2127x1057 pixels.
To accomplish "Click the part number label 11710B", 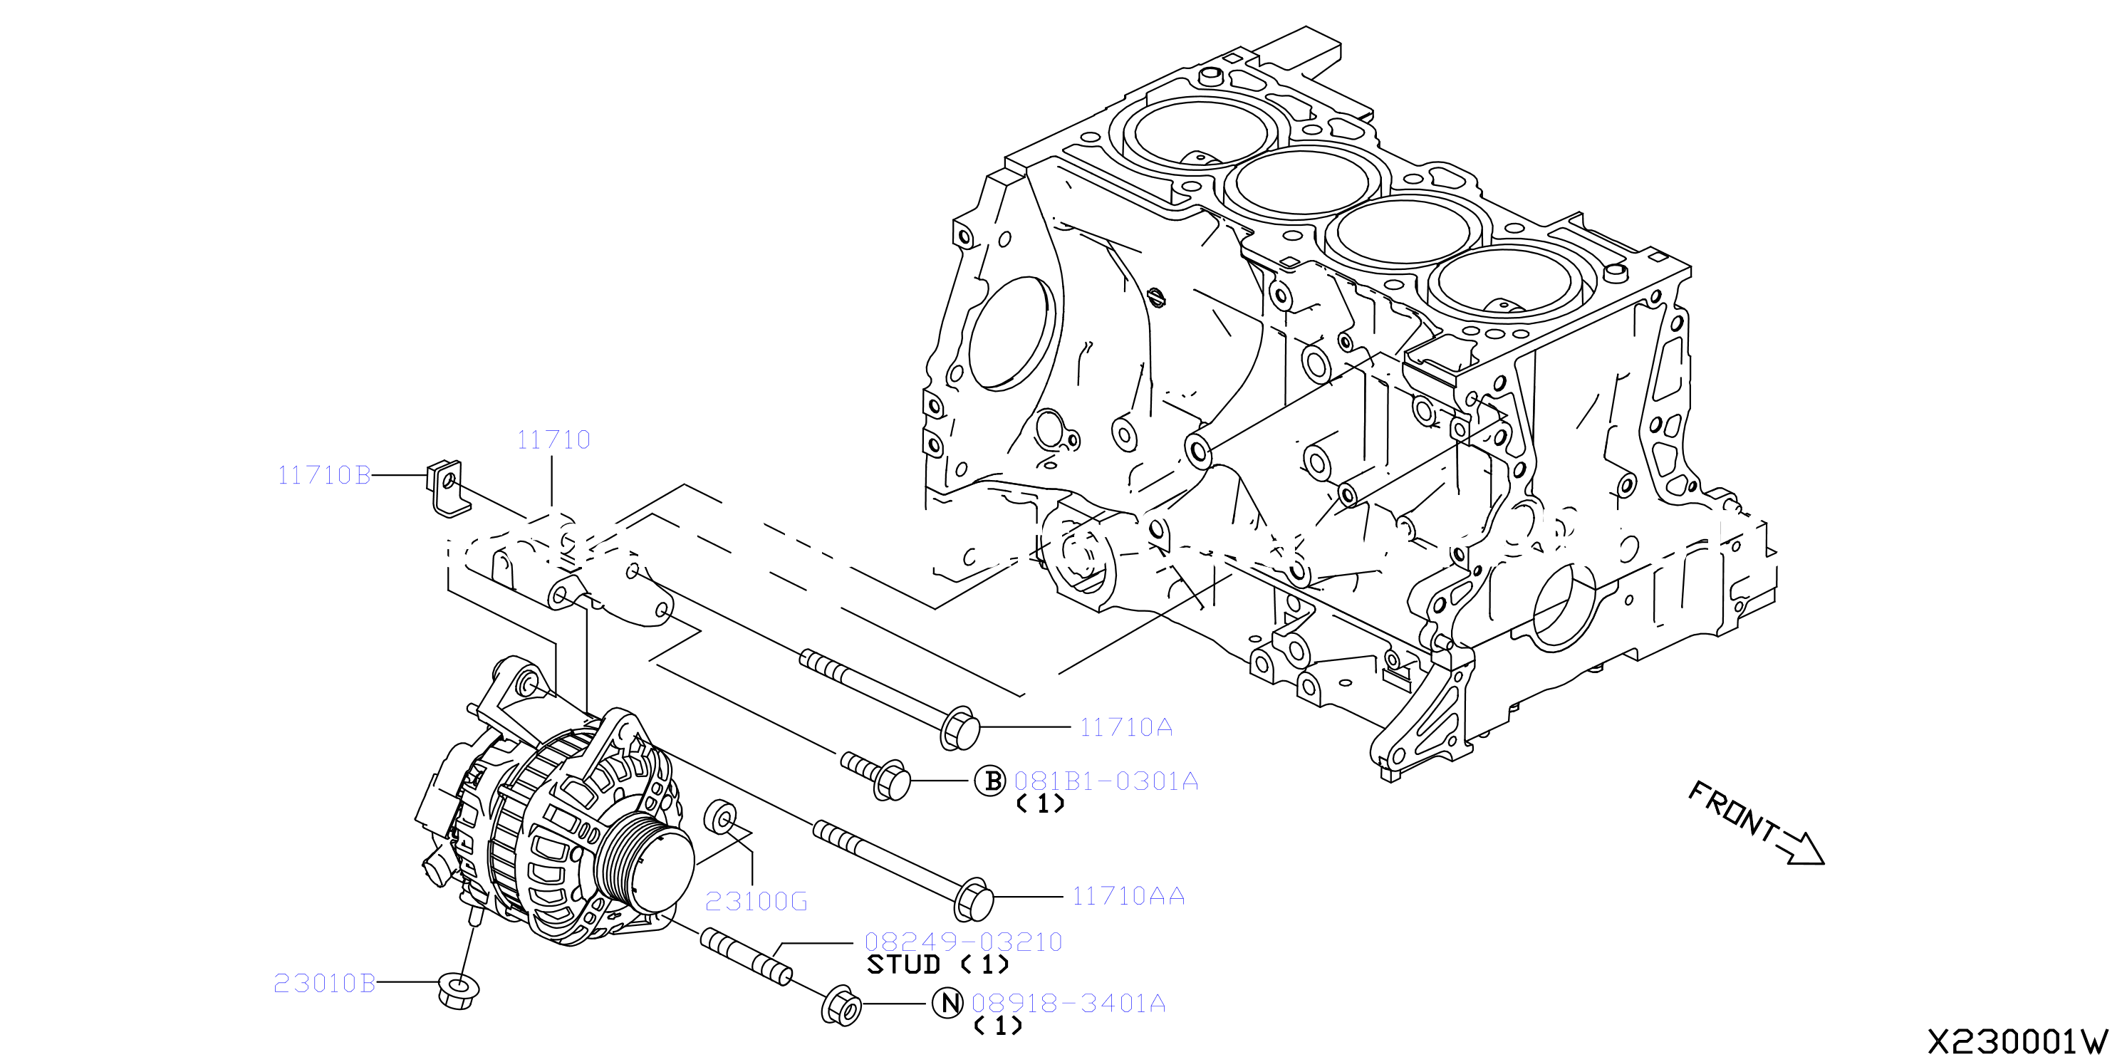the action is tap(323, 475).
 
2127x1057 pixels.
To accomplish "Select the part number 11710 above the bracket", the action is tap(553, 439).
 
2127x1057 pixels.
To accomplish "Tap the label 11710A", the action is tap(1126, 727).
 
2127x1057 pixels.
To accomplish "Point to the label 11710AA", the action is tap(1128, 896).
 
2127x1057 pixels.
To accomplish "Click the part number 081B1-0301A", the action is tap(1106, 781).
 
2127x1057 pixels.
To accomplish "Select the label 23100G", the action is tap(756, 901).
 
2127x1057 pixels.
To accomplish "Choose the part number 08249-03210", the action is tap(963, 942).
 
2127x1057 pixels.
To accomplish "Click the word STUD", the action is tap(903, 964).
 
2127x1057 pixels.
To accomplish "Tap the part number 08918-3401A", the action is tap(1068, 1004).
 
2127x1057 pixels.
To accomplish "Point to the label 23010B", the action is tap(325, 983).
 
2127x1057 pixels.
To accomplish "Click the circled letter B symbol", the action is tap(991, 781).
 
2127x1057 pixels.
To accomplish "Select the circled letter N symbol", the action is tap(948, 1004).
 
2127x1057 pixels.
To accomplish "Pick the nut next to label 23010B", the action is tap(458, 991).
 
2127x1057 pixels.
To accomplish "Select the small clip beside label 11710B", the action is tap(446, 488).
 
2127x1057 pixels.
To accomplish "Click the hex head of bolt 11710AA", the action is tap(972, 900).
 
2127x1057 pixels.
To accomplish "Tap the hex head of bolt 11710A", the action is tap(960, 729).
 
